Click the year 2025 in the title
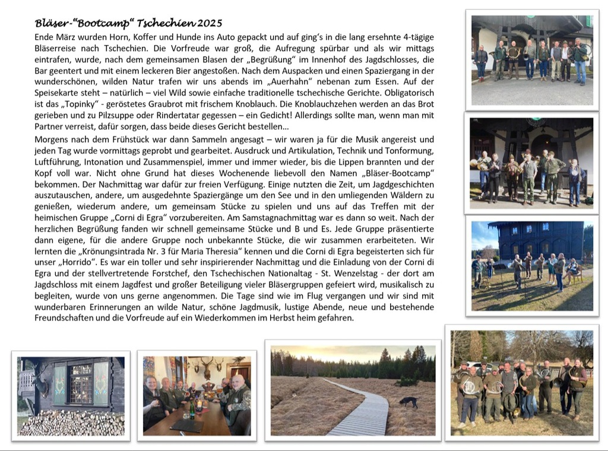point(210,24)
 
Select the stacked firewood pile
point(71,422)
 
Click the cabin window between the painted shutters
point(81,384)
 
